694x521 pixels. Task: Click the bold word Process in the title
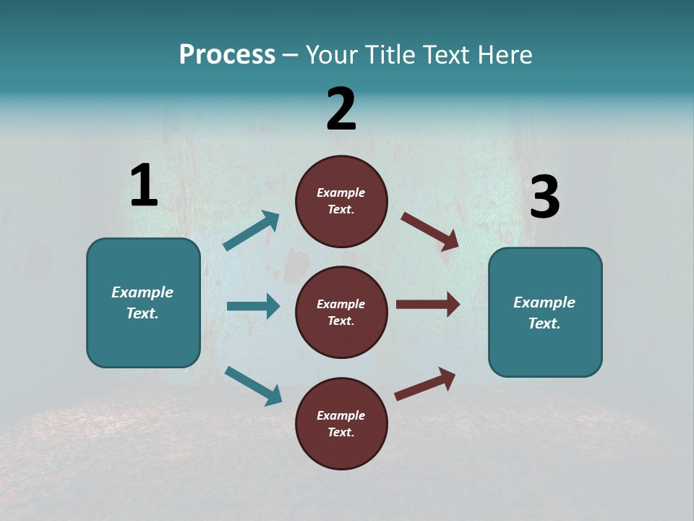coord(227,55)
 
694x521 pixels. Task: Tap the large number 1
coord(144,186)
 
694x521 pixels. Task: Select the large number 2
coord(341,109)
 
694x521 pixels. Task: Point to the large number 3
coord(545,198)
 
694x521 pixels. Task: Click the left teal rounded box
coord(143,302)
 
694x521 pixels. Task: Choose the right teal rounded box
coord(545,313)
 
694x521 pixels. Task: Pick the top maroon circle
coord(341,201)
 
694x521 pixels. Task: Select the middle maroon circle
coord(341,312)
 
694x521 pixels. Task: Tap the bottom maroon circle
coord(341,423)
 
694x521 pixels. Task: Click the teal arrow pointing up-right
coord(252,230)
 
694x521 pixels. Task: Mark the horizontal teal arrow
coord(253,306)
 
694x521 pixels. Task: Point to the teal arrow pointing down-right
coord(253,386)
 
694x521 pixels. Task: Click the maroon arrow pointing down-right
coord(430,232)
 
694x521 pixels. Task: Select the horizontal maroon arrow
coord(428,305)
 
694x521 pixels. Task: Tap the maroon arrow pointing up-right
coord(425,384)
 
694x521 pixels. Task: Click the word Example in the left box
coord(142,292)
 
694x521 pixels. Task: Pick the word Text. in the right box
coord(544,323)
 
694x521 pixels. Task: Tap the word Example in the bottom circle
coord(340,415)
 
